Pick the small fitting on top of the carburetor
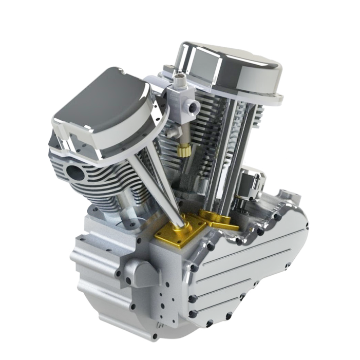point(179,79)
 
